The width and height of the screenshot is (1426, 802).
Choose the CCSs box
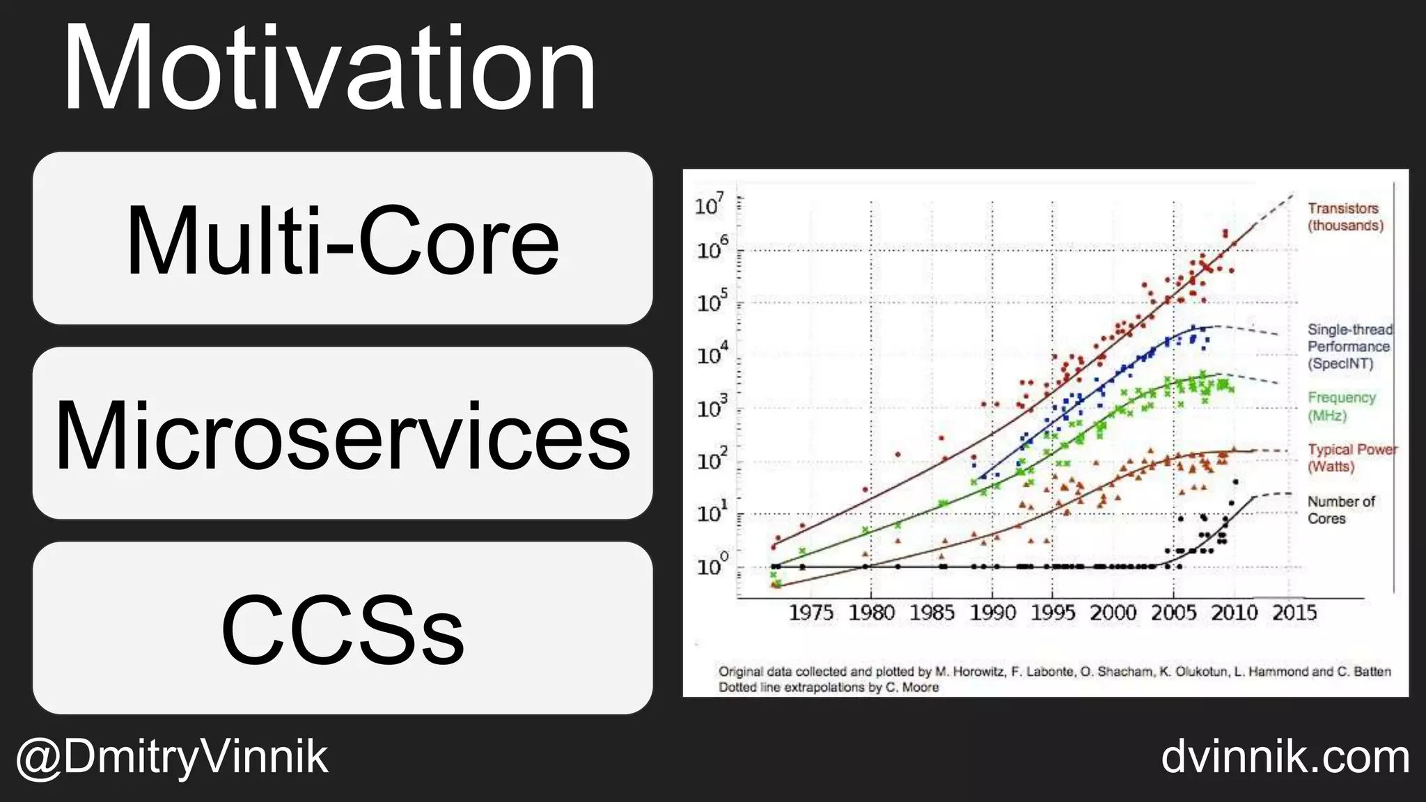pyautogui.click(x=343, y=628)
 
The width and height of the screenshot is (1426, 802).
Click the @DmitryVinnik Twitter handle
pyautogui.click(x=171, y=757)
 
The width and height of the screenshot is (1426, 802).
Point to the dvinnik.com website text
pyautogui.click(x=1285, y=757)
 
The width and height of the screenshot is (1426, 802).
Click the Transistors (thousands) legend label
pyautogui.click(x=1345, y=217)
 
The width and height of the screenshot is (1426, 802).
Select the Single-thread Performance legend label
pyautogui.click(x=1349, y=346)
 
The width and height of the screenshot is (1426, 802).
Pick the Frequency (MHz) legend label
pyautogui.click(x=1342, y=406)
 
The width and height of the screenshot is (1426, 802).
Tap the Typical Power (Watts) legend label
pyautogui.click(x=1351, y=457)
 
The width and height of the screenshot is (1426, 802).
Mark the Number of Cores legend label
pyautogui.click(x=1340, y=510)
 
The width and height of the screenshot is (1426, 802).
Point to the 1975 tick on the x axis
pyautogui.click(x=810, y=613)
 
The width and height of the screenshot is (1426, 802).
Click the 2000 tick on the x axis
pyautogui.click(x=1113, y=613)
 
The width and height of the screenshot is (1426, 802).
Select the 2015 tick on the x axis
pyautogui.click(x=1294, y=613)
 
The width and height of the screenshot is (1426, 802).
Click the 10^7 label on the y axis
pyautogui.click(x=710, y=205)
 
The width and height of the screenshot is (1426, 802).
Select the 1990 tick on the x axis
pyautogui.click(x=992, y=613)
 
